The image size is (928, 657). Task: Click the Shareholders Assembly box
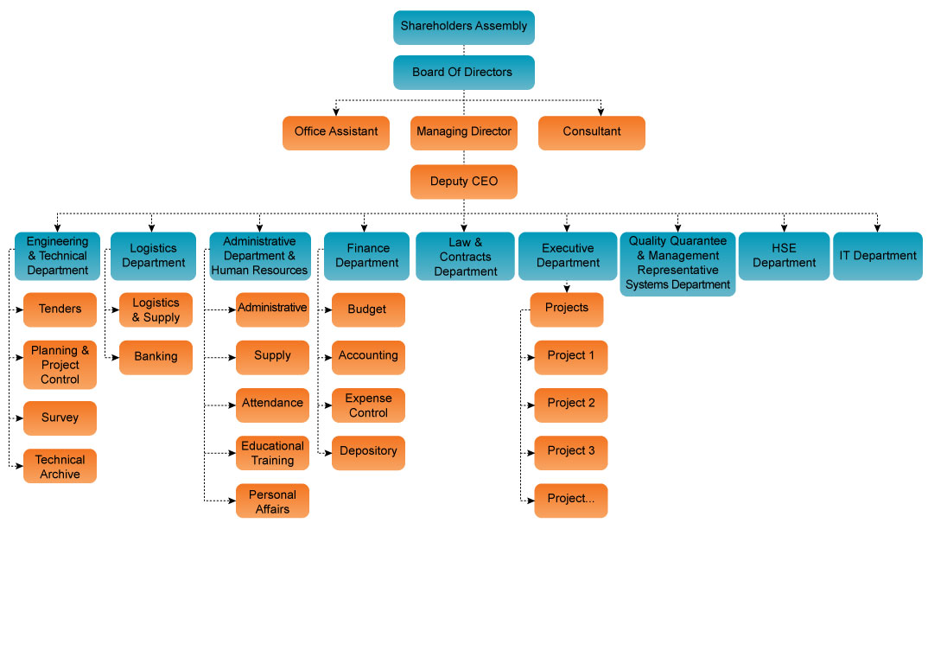[464, 27]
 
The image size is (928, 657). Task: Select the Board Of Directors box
[464, 73]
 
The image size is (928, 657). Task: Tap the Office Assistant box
[336, 132]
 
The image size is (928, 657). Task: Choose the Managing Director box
[464, 132]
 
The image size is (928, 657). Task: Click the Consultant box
[592, 132]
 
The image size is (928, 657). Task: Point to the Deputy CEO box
[464, 182]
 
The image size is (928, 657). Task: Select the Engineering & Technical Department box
[57, 256]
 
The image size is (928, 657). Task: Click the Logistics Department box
[153, 256]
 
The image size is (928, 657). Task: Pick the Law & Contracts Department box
[465, 257]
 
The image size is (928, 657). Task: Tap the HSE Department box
[784, 256]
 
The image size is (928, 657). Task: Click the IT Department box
[877, 256]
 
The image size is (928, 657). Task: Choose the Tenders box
[60, 309]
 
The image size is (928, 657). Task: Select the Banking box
[156, 357]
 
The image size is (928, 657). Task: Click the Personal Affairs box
[272, 501]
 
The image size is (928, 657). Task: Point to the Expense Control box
[368, 405]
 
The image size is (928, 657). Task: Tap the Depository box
[368, 452]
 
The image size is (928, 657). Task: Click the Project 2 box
[571, 404]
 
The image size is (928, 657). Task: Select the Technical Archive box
[60, 467]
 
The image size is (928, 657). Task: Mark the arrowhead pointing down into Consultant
[601, 112]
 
